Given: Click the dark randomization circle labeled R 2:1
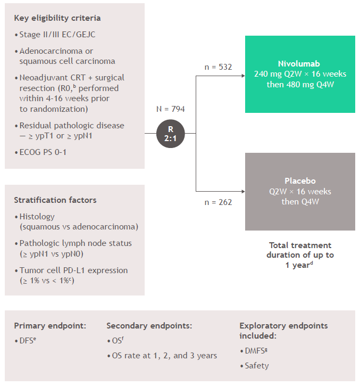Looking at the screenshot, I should (170, 133).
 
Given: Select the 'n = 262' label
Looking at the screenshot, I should (218, 202).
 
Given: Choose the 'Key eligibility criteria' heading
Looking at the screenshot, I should (57, 18).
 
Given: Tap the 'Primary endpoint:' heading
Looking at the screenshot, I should (50, 325).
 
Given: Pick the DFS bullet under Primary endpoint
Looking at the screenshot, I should (27, 340).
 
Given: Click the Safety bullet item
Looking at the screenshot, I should (257, 366).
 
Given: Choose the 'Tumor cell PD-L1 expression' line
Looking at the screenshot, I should (73, 270).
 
